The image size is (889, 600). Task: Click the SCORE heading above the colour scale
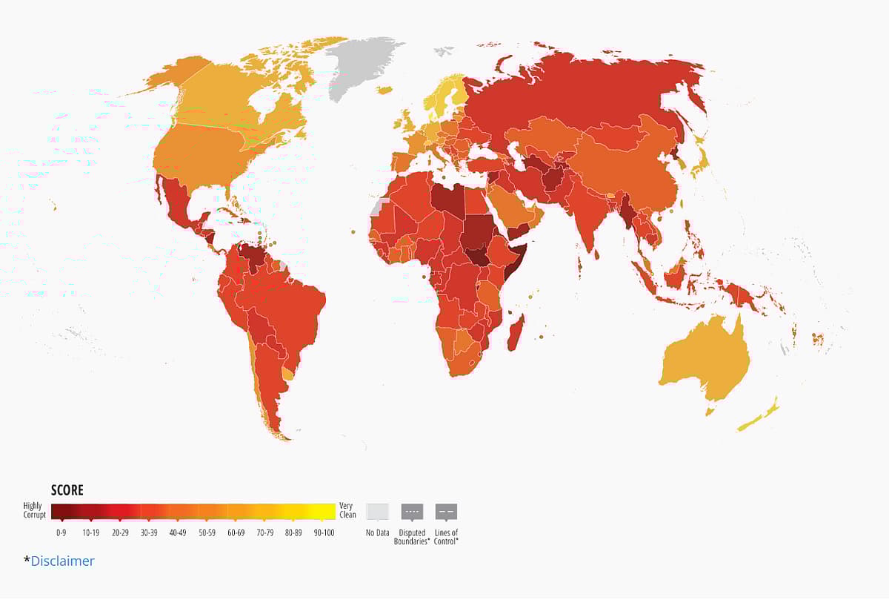67,490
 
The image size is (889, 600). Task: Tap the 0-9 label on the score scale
61,533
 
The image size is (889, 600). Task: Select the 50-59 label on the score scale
207,533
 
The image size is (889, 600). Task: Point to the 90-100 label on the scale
323,533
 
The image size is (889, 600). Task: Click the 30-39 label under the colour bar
149,533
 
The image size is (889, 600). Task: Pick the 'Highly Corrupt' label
34,510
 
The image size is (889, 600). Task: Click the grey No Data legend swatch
378,512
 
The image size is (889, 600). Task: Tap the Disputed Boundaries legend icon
412,512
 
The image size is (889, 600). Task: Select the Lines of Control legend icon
446,512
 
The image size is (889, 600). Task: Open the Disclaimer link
62,561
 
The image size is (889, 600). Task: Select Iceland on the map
384,90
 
